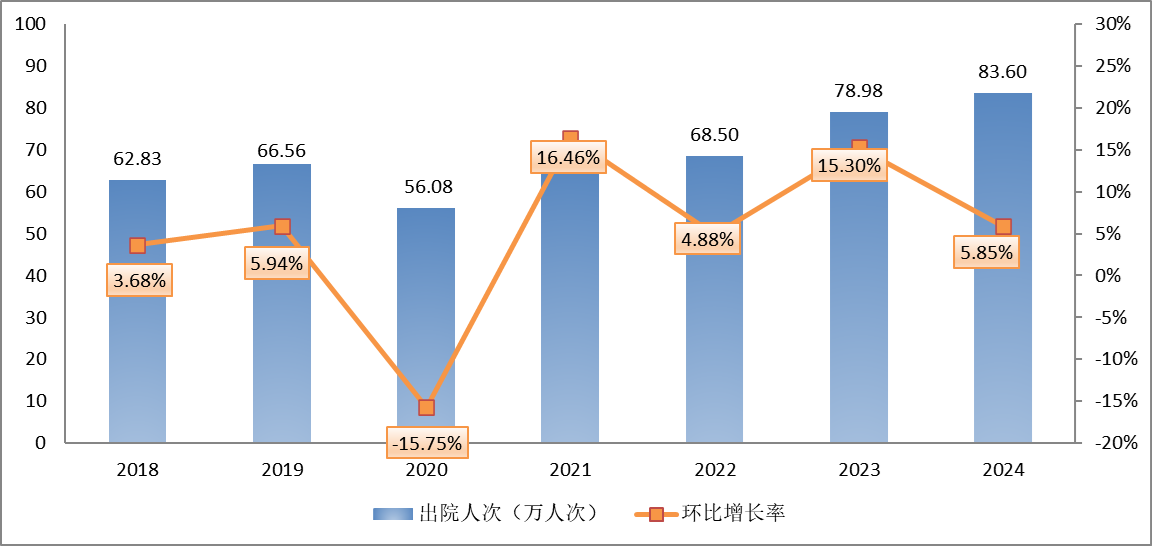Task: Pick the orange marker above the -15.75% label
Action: pos(426,407)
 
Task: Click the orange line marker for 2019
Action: pos(282,226)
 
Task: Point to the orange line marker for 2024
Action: pos(1003,226)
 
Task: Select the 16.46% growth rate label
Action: pos(570,157)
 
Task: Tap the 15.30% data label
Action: pos(849,166)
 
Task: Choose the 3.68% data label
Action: pos(138,281)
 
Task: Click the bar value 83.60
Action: pos(1003,72)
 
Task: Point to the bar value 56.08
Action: pos(426,187)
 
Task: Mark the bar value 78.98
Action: pos(858,91)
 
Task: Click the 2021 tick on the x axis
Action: pos(570,470)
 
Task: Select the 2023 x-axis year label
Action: pos(859,470)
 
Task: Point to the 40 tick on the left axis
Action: pos(36,275)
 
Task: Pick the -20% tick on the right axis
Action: pos(1111,443)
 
